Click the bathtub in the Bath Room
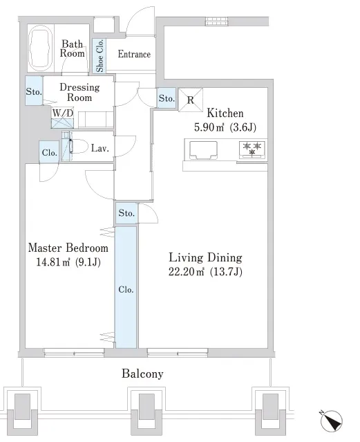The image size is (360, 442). click(41, 48)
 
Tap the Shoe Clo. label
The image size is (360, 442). click(100, 55)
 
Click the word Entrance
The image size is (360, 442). click(134, 54)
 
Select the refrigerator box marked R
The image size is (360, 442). click(191, 100)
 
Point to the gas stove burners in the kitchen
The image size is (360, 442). click(252, 149)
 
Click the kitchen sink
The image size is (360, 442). click(203, 150)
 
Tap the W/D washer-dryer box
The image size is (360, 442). click(63, 118)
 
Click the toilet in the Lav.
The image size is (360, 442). click(78, 147)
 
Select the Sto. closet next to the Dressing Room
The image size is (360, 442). click(34, 91)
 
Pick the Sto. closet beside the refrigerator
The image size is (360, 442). click(167, 98)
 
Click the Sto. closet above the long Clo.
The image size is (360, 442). click(126, 213)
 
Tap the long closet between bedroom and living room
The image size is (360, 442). click(126, 287)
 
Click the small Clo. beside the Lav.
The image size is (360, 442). click(49, 152)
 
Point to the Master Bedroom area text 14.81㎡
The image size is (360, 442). click(53, 262)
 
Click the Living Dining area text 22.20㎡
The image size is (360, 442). click(186, 272)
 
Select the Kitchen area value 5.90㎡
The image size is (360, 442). click(209, 127)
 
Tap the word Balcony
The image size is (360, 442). click(142, 374)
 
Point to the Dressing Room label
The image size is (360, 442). click(79, 92)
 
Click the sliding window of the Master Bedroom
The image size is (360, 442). click(74, 351)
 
